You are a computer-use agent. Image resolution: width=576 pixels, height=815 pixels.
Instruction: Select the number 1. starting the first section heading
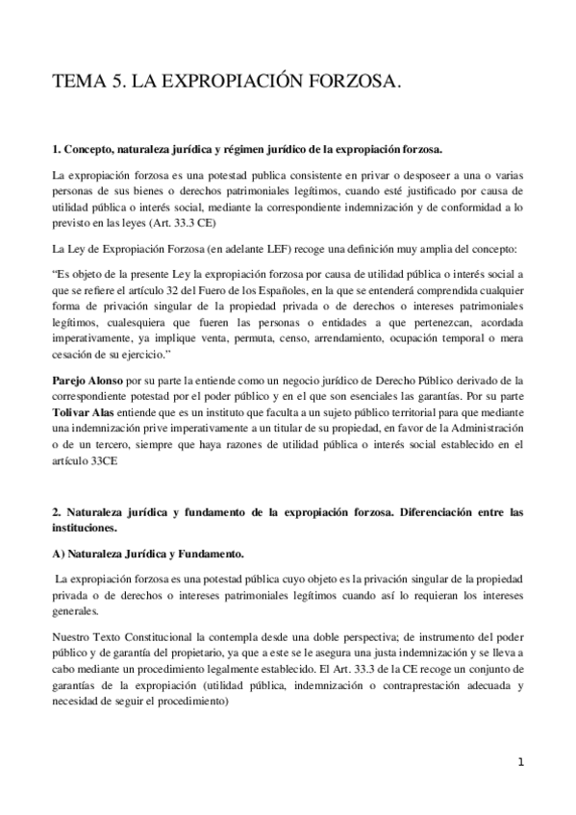pos(56,150)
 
